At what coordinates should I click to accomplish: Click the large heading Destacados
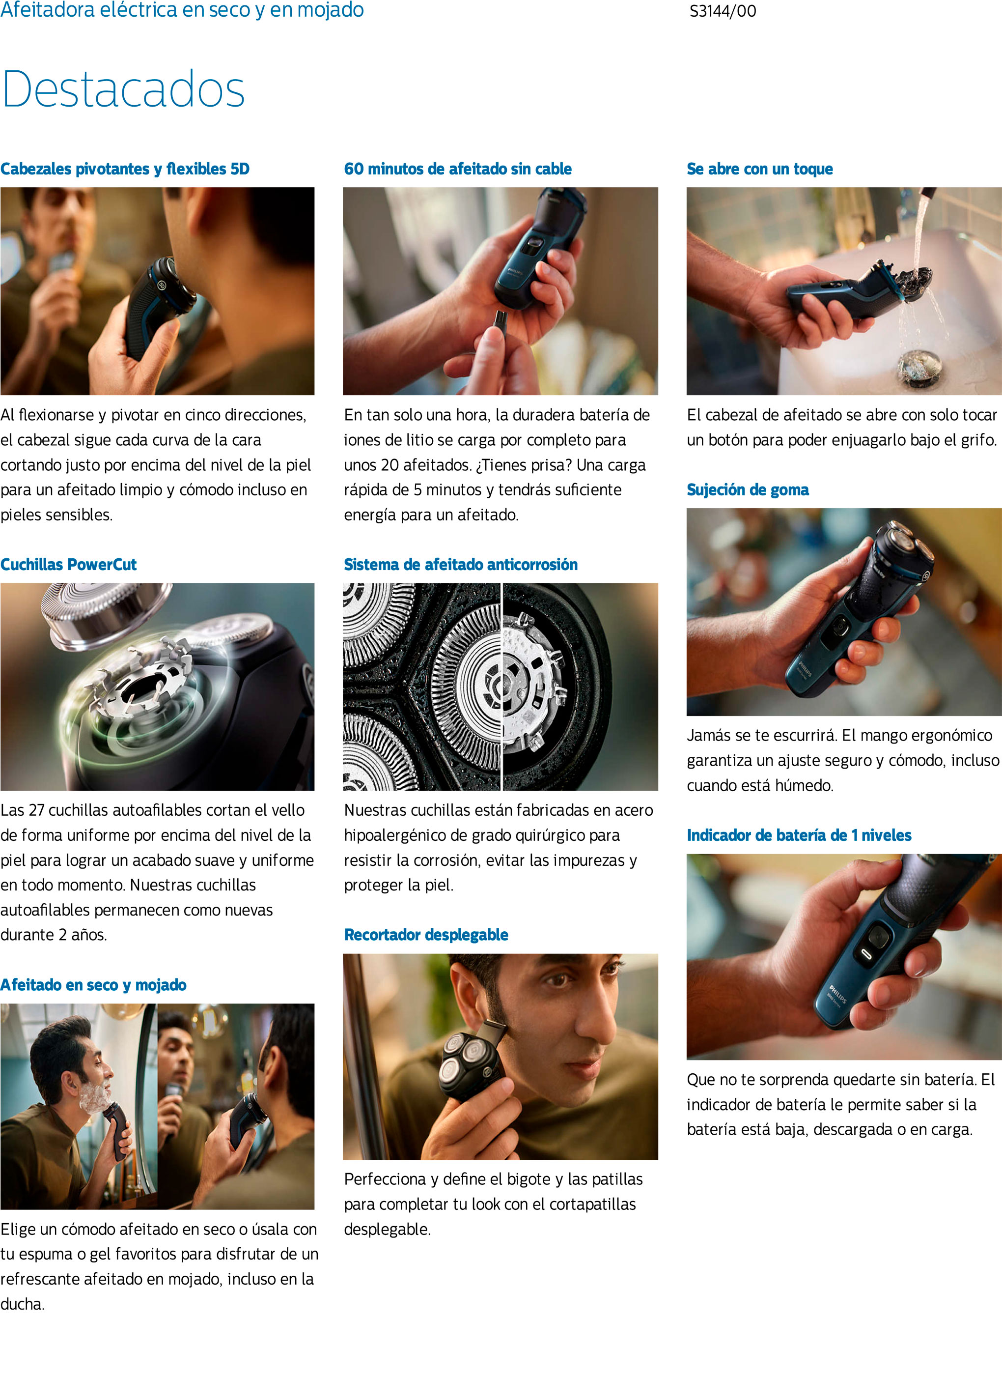pos(123,89)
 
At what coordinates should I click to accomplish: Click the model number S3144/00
pos(723,11)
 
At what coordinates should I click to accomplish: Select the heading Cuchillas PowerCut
pos(69,564)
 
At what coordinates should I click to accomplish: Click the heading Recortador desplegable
pos(426,935)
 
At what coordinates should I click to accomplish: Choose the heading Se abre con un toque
pos(759,169)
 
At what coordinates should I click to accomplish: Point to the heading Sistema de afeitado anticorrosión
pos(460,564)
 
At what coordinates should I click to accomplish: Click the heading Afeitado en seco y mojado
pos(93,985)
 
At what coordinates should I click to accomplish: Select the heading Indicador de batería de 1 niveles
pos(799,835)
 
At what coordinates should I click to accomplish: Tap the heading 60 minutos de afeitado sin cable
pos(458,169)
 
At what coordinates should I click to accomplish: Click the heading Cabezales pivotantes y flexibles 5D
pos(125,169)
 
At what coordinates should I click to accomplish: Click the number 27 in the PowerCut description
pos(36,810)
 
